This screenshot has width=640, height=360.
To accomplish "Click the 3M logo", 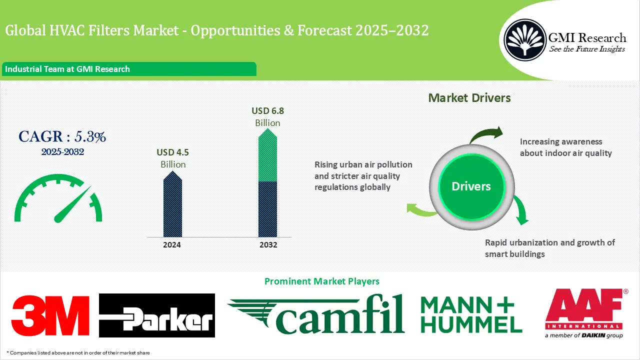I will (x=50, y=315).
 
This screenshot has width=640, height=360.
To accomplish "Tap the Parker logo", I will (x=157, y=315).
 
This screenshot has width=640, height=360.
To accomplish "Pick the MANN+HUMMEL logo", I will (x=471, y=315).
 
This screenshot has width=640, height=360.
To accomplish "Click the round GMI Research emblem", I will (x=525, y=40).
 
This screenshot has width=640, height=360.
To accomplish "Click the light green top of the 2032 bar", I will (x=268, y=155).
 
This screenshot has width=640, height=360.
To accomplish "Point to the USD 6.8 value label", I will (x=267, y=111).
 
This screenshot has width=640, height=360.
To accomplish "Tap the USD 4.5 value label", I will (x=173, y=152).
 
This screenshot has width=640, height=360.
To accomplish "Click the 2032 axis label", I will (x=268, y=245).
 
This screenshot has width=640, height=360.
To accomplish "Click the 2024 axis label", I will (x=172, y=245).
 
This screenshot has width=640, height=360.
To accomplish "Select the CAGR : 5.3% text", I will (x=62, y=137).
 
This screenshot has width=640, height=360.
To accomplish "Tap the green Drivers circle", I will (x=471, y=186).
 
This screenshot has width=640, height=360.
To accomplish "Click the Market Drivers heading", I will (x=469, y=98).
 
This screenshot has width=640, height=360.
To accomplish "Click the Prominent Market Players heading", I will (x=321, y=281).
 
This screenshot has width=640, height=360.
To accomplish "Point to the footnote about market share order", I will (x=78, y=353).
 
